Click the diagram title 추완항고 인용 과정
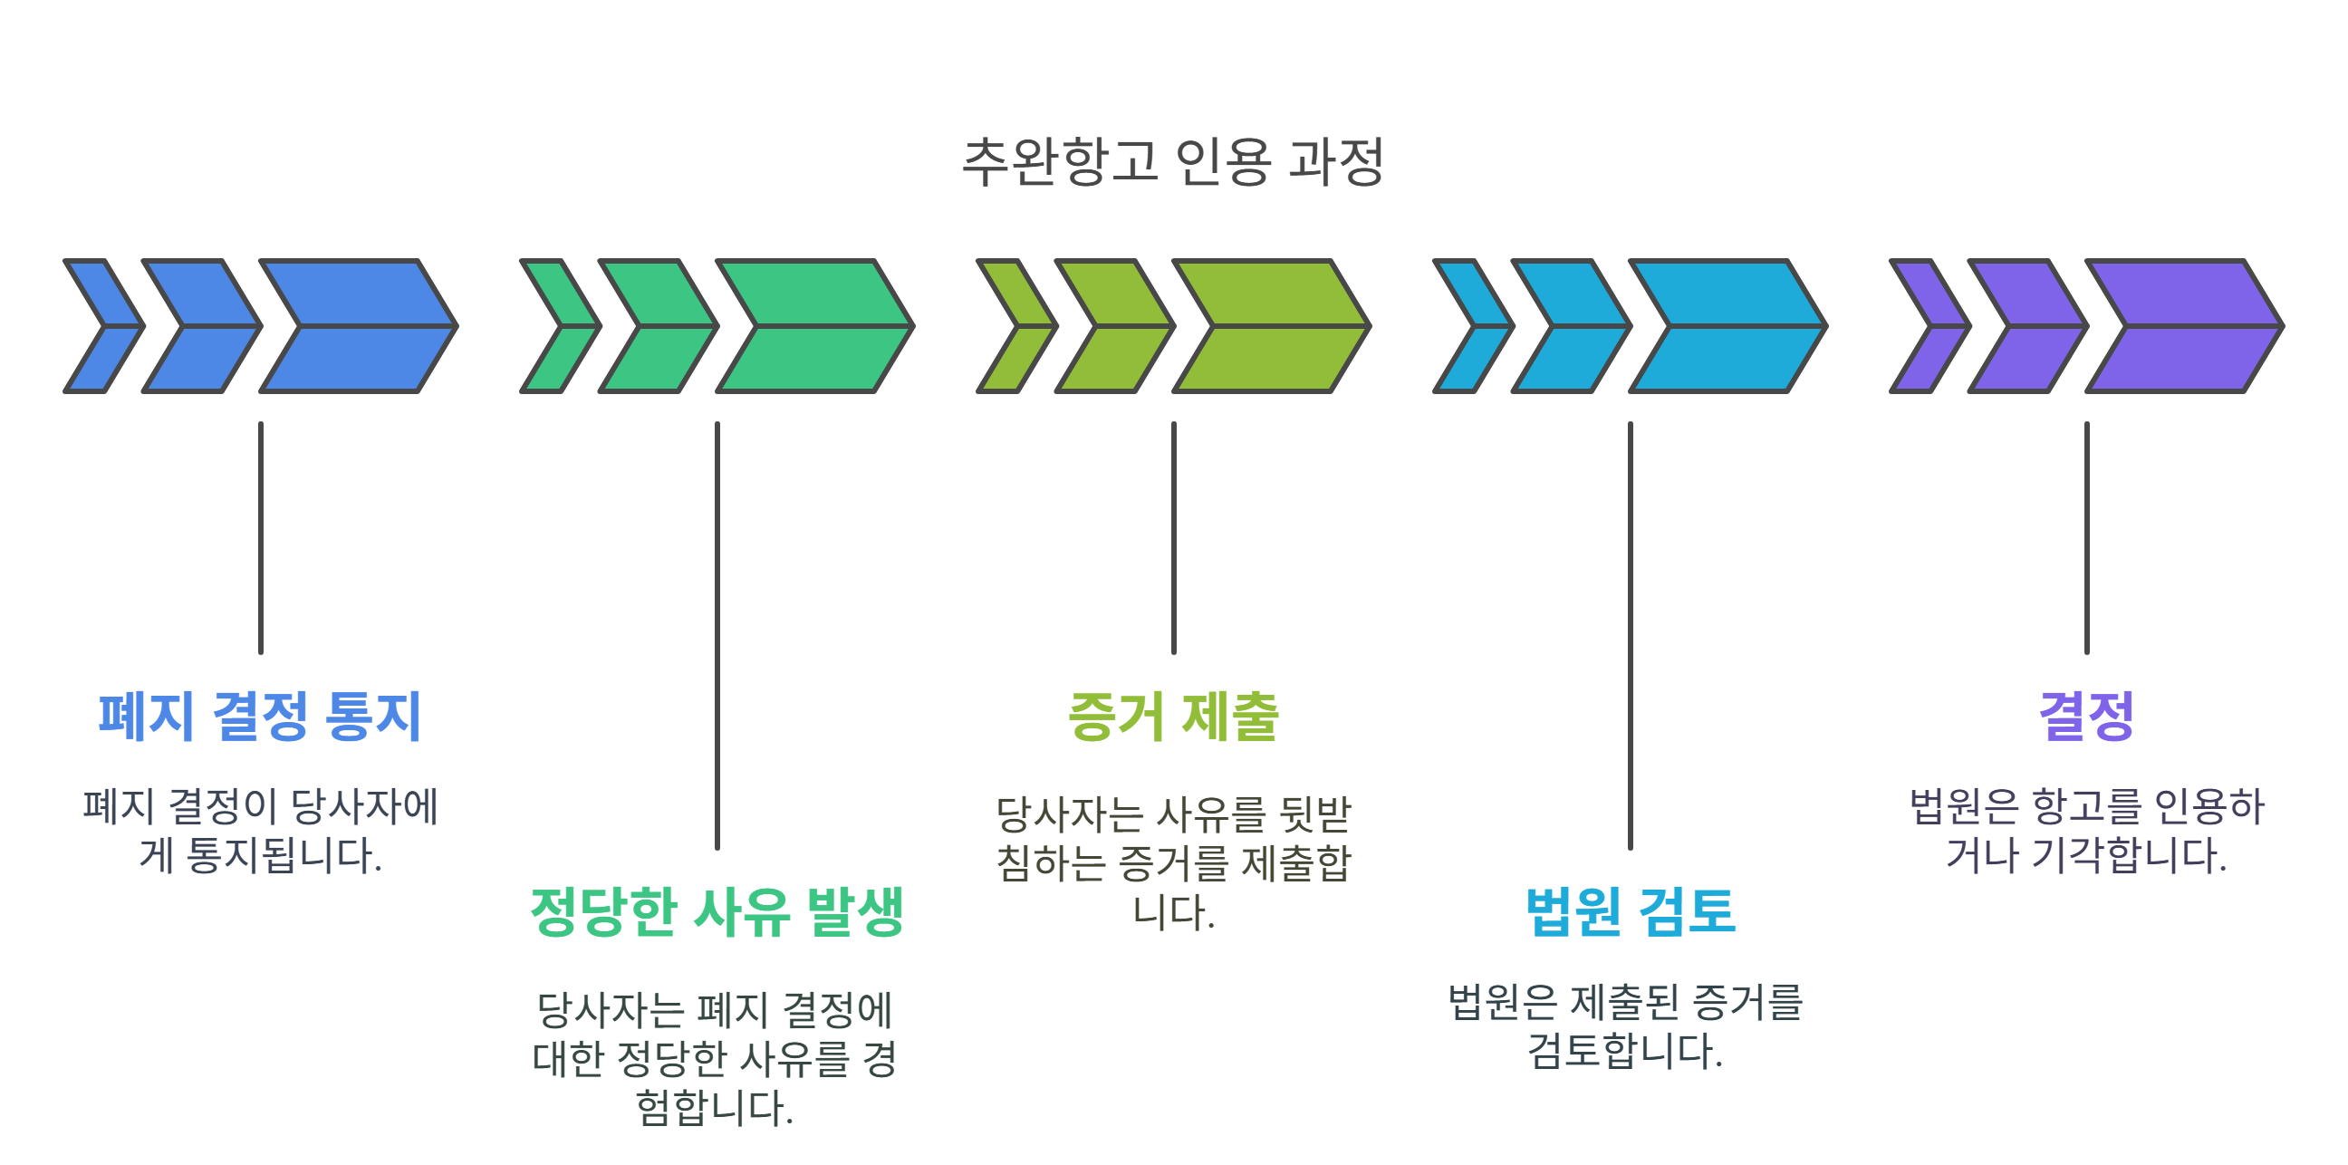coord(1173,161)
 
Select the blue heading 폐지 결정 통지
coord(260,716)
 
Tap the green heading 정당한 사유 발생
coord(717,911)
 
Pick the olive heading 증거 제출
coord(1173,716)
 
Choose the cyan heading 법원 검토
coord(1630,911)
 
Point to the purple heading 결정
coord(2086,716)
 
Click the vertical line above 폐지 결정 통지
coord(261,538)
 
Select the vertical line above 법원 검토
coord(1630,635)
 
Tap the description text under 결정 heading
coord(2086,831)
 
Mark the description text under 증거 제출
coord(1173,862)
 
